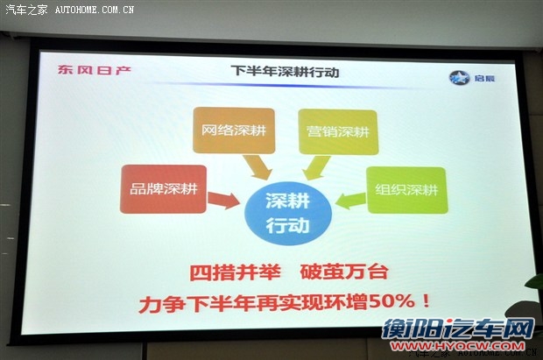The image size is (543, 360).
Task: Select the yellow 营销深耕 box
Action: point(337,131)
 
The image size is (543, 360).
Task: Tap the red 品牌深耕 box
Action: point(163,188)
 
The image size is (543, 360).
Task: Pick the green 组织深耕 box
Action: point(405,189)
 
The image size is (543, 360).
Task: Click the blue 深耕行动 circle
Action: point(286,210)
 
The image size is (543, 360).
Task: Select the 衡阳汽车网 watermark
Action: point(456,329)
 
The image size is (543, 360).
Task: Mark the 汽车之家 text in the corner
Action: point(25,11)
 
